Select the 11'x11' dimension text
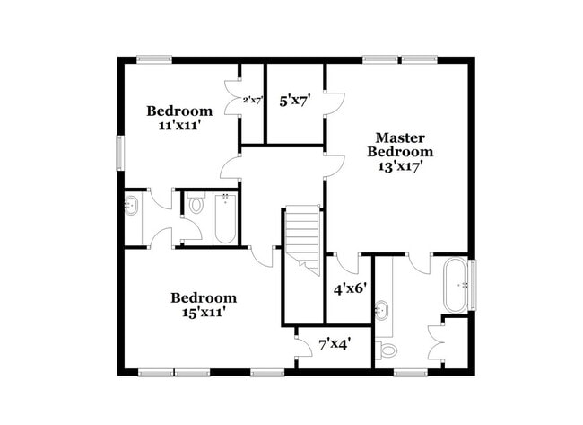pyautogui.click(x=180, y=126)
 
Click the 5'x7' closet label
pyautogui.click(x=294, y=102)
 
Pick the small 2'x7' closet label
pyautogui.click(x=252, y=101)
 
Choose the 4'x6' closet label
pyautogui.click(x=348, y=289)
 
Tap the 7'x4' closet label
pyautogui.click(x=334, y=342)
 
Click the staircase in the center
pyautogui.click(x=303, y=238)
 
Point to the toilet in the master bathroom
pyautogui.click(x=387, y=349)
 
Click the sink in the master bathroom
pyautogui.click(x=382, y=311)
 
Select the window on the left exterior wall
pyautogui.click(x=119, y=152)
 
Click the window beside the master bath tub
pyautogui.click(x=473, y=284)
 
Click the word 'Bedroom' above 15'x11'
pyautogui.click(x=204, y=297)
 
